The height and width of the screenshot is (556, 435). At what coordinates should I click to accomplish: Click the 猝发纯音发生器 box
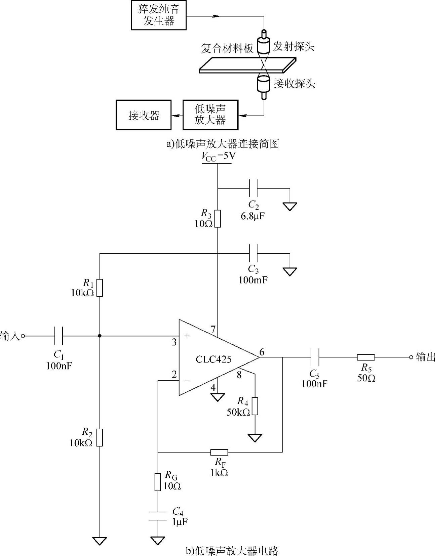pyautogui.click(x=158, y=15)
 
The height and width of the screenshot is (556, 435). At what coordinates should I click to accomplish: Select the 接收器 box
pyautogui.click(x=144, y=115)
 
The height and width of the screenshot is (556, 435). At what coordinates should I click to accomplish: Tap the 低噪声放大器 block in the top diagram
pyautogui.click(x=210, y=115)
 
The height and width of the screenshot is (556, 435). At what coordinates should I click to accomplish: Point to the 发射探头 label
pyautogui.click(x=293, y=47)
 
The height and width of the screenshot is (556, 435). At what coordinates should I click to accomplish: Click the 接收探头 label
pyautogui.click(x=294, y=83)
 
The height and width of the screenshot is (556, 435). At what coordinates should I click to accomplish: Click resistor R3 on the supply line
pyautogui.click(x=217, y=218)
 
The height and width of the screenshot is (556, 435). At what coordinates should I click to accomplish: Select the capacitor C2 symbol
pyautogui.click(x=253, y=188)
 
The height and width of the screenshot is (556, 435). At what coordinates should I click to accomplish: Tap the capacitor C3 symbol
pyautogui.click(x=253, y=253)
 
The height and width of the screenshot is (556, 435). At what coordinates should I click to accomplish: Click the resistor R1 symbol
pyautogui.click(x=100, y=288)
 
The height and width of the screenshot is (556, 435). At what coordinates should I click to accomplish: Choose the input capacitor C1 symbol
pyautogui.click(x=58, y=336)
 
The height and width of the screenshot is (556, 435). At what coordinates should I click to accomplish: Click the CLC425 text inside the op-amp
pyautogui.click(x=213, y=359)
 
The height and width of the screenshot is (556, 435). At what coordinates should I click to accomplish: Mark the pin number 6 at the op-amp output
pyautogui.click(x=262, y=352)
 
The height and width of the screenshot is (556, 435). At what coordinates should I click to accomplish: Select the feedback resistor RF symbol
pyautogui.click(x=219, y=452)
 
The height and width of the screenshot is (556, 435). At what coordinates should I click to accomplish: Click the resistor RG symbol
pyautogui.click(x=158, y=482)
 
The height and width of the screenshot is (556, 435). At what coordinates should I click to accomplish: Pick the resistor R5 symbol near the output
pyautogui.click(x=366, y=357)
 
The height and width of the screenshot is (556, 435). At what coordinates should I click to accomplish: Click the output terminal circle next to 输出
pyautogui.click(x=411, y=357)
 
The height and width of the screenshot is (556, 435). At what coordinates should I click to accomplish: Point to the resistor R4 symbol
pyautogui.click(x=255, y=406)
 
